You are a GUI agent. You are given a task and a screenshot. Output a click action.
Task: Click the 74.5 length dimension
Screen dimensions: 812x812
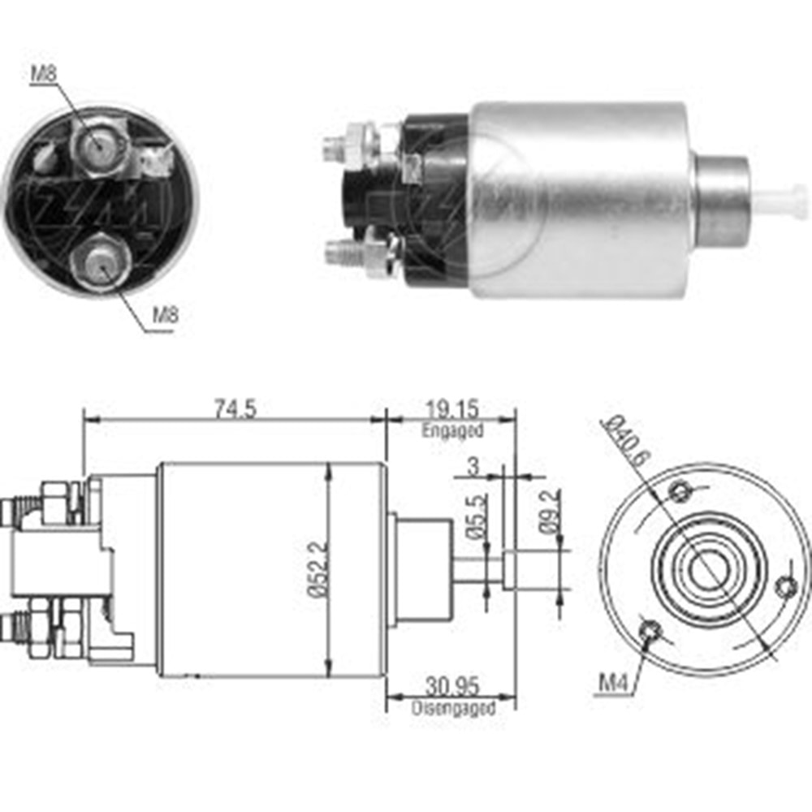(x=235, y=408)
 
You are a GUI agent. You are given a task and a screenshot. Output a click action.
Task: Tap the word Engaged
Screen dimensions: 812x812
(x=452, y=431)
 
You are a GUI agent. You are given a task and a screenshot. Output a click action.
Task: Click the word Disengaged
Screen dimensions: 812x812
(x=452, y=708)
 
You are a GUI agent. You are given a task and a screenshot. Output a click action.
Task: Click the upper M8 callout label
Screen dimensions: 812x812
(x=44, y=74)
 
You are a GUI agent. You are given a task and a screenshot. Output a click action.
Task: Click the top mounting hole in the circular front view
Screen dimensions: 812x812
(x=680, y=490)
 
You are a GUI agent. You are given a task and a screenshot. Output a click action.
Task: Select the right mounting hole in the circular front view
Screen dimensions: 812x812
(x=785, y=586)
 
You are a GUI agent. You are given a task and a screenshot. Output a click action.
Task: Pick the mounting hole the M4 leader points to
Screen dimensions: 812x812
(x=650, y=631)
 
